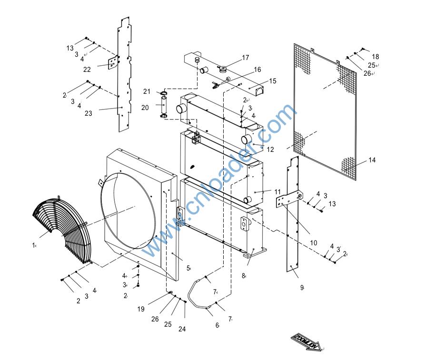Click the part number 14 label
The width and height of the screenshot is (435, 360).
click(x=372, y=160)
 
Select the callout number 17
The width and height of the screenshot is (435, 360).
click(x=246, y=58)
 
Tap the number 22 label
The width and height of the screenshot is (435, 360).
click(x=87, y=70)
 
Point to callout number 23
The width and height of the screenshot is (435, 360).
click(x=89, y=113)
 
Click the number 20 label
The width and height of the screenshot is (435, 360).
click(x=145, y=108)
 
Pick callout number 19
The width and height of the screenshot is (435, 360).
click(x=141, y=309)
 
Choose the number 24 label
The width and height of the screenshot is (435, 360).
click(x=182, y=329)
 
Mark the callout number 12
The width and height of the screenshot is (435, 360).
click(x=270, y=150)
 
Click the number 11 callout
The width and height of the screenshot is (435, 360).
click(x=277, y=192)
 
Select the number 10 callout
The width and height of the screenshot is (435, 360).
click(x=313, y=243)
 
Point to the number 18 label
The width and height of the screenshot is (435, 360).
click(x=376, y=57)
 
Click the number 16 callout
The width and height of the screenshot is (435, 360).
click(x=257, y=70)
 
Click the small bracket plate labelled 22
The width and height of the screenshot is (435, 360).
click(x=113, y=62)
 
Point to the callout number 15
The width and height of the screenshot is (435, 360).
click(x=272, y=81)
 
